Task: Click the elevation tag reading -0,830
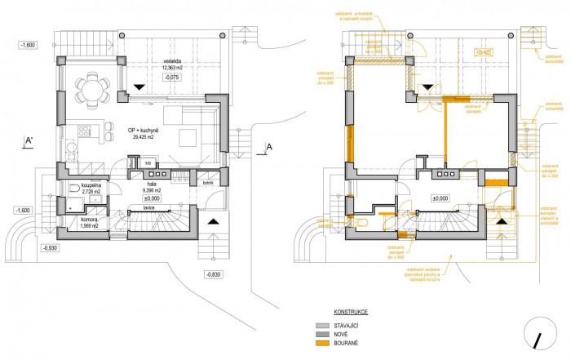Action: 214,273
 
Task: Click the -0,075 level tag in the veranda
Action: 172,78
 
